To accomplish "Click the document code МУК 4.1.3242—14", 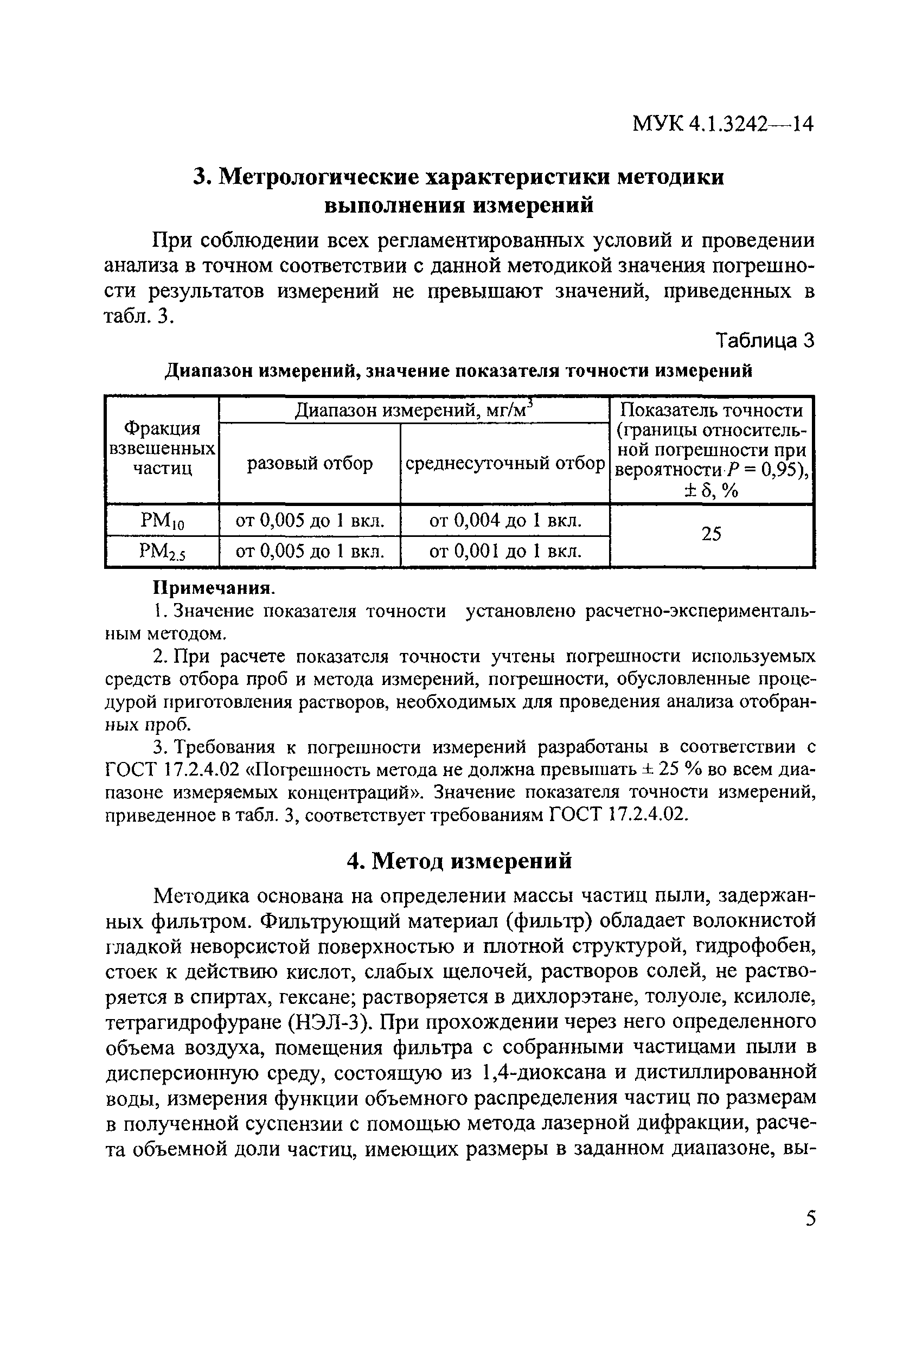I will (x=722, y=124).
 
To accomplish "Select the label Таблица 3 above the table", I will (x=765, y=341).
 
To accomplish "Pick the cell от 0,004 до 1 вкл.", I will (x=505, y=521).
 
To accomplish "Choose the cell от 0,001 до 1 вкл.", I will (x=505, y=552).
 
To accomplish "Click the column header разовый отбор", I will (x=310, y=464).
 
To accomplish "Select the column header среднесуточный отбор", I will (x=505, y=464).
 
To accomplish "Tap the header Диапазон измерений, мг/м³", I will (x=413, y=411).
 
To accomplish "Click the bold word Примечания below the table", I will (x=213, y=588).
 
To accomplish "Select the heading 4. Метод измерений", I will (x=459, y=861).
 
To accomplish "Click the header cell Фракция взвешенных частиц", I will (x=162, y=449).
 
